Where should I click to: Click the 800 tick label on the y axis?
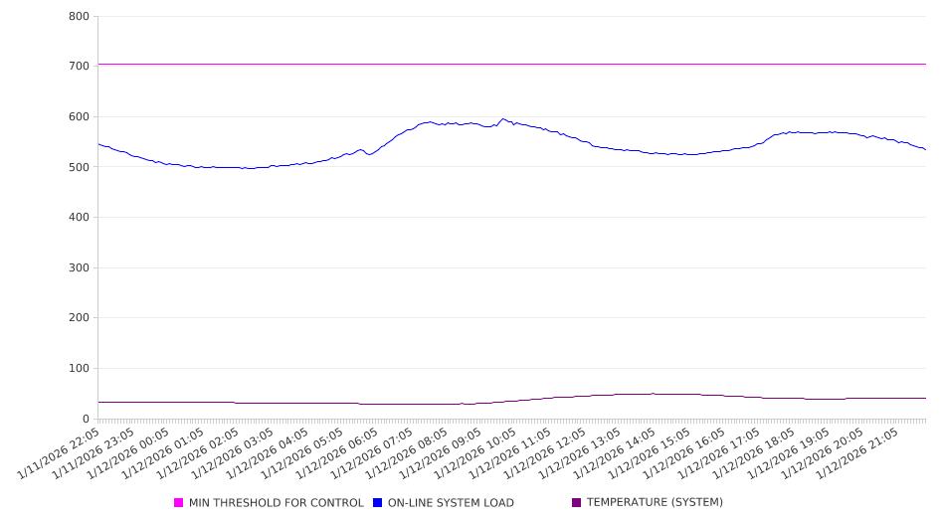79,17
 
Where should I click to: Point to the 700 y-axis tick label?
79,67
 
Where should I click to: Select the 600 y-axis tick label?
79,117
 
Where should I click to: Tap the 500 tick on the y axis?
79,168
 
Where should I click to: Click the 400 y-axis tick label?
79,218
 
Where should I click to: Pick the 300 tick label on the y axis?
79,268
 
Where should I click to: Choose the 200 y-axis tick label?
79,319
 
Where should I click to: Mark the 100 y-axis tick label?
79,369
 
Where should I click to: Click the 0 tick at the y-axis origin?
88,420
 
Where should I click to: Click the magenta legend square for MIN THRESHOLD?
179,503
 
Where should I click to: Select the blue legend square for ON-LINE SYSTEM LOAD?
377,503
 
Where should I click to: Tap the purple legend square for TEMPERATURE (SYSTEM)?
576,503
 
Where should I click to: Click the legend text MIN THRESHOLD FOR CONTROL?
276,503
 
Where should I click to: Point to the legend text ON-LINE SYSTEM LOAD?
450,503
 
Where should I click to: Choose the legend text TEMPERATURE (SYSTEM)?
654,503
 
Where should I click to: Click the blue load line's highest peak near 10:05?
503,119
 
